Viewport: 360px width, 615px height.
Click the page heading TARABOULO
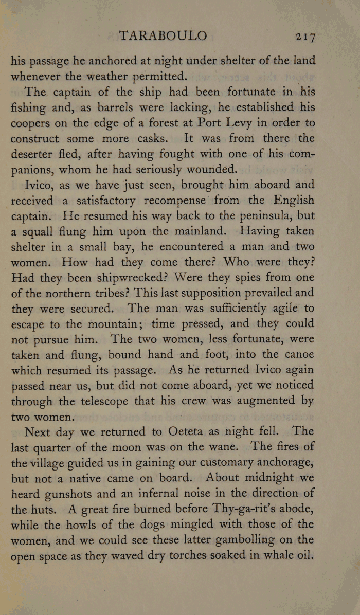[163, 35]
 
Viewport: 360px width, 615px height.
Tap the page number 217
[305, 37]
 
